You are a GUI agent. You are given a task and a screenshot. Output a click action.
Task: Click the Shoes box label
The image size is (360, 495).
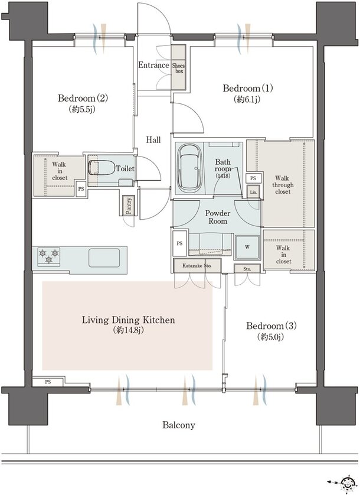pyautogui.click(x=179, y=69)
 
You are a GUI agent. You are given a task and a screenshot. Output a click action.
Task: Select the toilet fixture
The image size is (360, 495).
pyautogui.click(x=102, y=168)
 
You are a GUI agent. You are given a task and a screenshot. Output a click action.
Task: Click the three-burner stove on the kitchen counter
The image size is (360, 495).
pyautogui.click(x=49, y=256)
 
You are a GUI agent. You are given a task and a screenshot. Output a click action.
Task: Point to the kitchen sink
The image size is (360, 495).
pyautogui.click(x=104, y=258)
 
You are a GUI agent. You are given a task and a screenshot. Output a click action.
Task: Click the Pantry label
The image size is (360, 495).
pyautogui.click(x=129, y=206)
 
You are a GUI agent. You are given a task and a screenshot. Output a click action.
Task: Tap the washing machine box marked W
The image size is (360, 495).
pyautogui.click(x=247, y=247)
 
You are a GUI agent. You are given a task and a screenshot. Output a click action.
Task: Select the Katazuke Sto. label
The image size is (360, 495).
pyautogui.click(x=197, y=265)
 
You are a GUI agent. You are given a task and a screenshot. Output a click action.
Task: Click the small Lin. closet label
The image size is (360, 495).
pyautogui.click(x=253, y=192)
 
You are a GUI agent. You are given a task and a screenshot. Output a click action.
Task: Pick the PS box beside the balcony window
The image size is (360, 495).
pyautogui.click(x=48, y=382)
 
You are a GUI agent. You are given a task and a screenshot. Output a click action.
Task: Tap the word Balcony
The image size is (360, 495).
pyautogui.click(x=179, y=425)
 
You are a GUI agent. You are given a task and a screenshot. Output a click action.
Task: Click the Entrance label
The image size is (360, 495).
pyautogui.click(x=153, y=65)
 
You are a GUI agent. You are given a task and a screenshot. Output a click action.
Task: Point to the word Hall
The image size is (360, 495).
pyautogui.click(x=153, y=139)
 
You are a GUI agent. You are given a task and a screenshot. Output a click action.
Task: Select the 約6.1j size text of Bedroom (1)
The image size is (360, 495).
pyautogui.click(x=247, y=99)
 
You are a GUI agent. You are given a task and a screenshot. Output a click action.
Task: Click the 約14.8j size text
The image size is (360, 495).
pyautogui.click(x=129, y=331)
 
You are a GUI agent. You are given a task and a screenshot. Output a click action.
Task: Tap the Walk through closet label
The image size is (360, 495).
pyautogui.click(x=283, y=185)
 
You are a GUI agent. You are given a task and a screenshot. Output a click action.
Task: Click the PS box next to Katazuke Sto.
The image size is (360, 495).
pyautogui.click(x=179, y=243)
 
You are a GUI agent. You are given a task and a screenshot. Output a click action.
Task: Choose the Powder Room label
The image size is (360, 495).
pyautogui.click(x=218, y=217)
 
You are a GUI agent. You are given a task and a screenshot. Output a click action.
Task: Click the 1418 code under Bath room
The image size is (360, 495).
pyautogui.click(x=222, y=175)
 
